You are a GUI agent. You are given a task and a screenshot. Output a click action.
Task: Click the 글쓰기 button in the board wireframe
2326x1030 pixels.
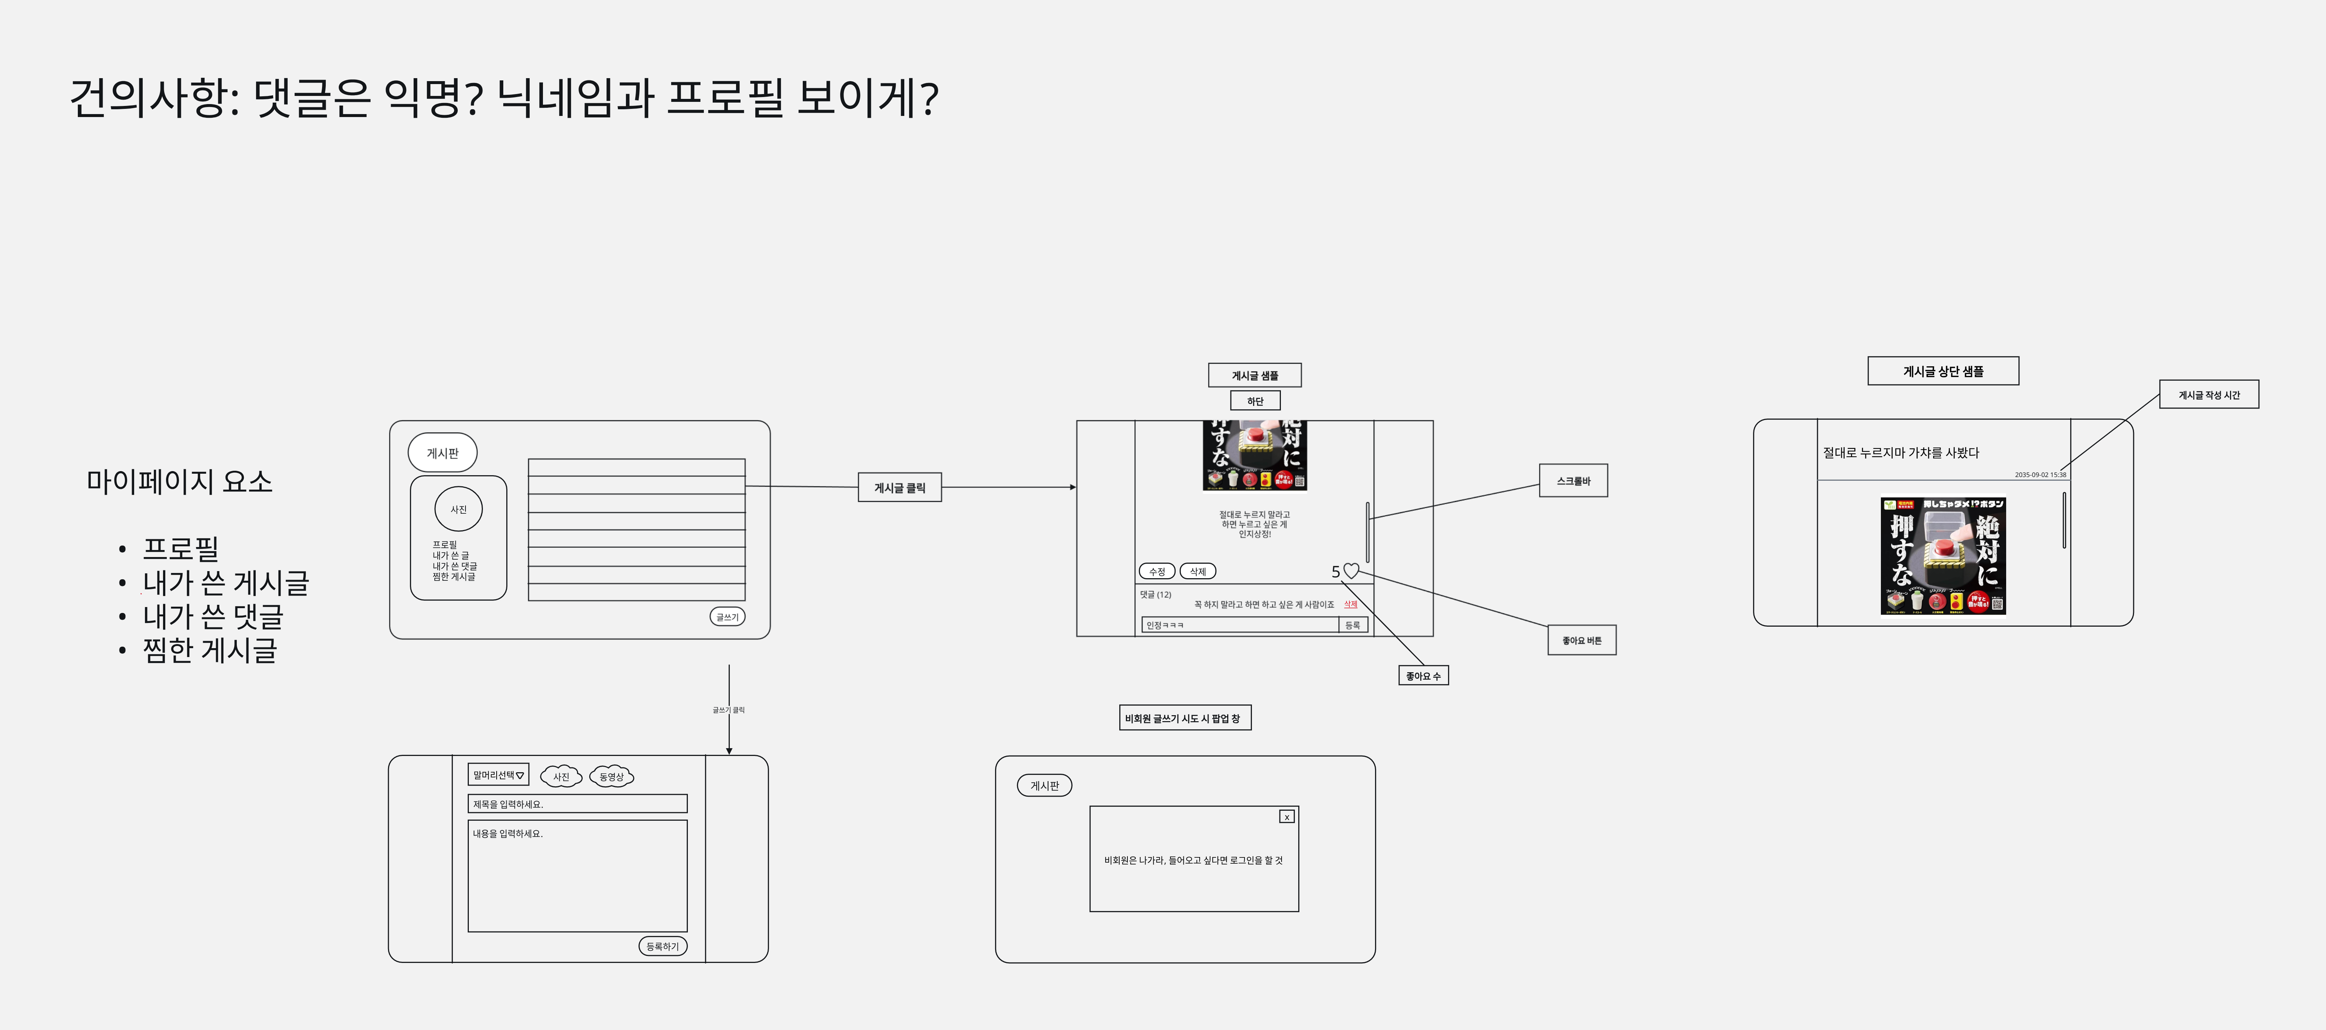click(x=727, y=617)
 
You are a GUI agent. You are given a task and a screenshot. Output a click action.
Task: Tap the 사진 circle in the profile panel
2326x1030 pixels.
click(x=459, y=509)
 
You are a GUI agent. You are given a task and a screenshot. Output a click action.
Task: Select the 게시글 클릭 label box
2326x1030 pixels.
click(x=899, y=487)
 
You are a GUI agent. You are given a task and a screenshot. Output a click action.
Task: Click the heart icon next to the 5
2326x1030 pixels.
click(x=1351, y=570)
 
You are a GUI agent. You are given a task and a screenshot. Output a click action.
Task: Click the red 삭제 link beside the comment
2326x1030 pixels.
click(x=1351, y=604)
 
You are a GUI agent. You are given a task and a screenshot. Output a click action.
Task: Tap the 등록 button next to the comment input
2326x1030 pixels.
click(x=1353, y=625)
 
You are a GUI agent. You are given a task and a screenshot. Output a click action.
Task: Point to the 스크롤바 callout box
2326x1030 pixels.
click(x=1573, y=481)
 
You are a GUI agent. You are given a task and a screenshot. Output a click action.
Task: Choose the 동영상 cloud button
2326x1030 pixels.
click(x=611, y=776)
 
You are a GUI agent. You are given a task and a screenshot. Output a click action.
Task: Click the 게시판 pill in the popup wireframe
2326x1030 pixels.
click(x=1045, y=785)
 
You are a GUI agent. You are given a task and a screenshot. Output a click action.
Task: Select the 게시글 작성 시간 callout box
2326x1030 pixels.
click(x=2209, y=394)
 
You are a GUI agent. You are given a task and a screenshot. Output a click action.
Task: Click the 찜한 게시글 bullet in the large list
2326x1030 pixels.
click(x=209, y=650)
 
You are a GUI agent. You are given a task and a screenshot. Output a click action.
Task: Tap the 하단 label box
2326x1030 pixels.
click(x=1255, y=401)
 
